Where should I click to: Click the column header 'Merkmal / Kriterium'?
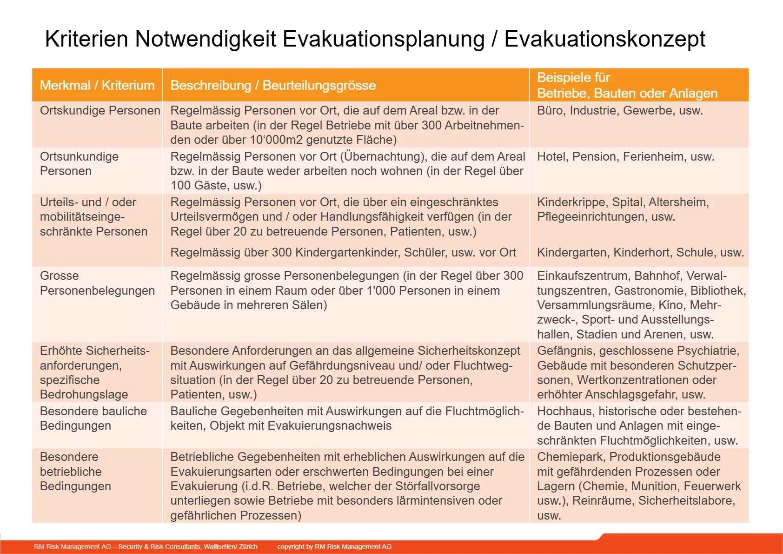pos(97,85)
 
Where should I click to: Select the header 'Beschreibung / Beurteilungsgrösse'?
pos(273,85)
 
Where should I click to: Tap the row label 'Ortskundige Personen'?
pos(100,111)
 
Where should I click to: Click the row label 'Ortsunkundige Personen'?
pos(79,163)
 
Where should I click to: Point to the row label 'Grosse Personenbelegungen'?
pos(97,283)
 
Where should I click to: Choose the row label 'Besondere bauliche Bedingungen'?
pos(93,418)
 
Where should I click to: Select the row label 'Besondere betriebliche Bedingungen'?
pos(75,471)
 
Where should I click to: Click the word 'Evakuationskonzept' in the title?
pos(604,39)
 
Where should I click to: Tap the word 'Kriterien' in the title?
pos(86,39)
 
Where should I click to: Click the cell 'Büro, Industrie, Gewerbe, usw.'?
pos(620,111)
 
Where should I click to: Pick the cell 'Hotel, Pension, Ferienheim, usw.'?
pos(625,156)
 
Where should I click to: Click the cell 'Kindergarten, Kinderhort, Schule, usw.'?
pos(640,252)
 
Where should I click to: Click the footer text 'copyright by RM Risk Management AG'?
pos(334,547)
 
